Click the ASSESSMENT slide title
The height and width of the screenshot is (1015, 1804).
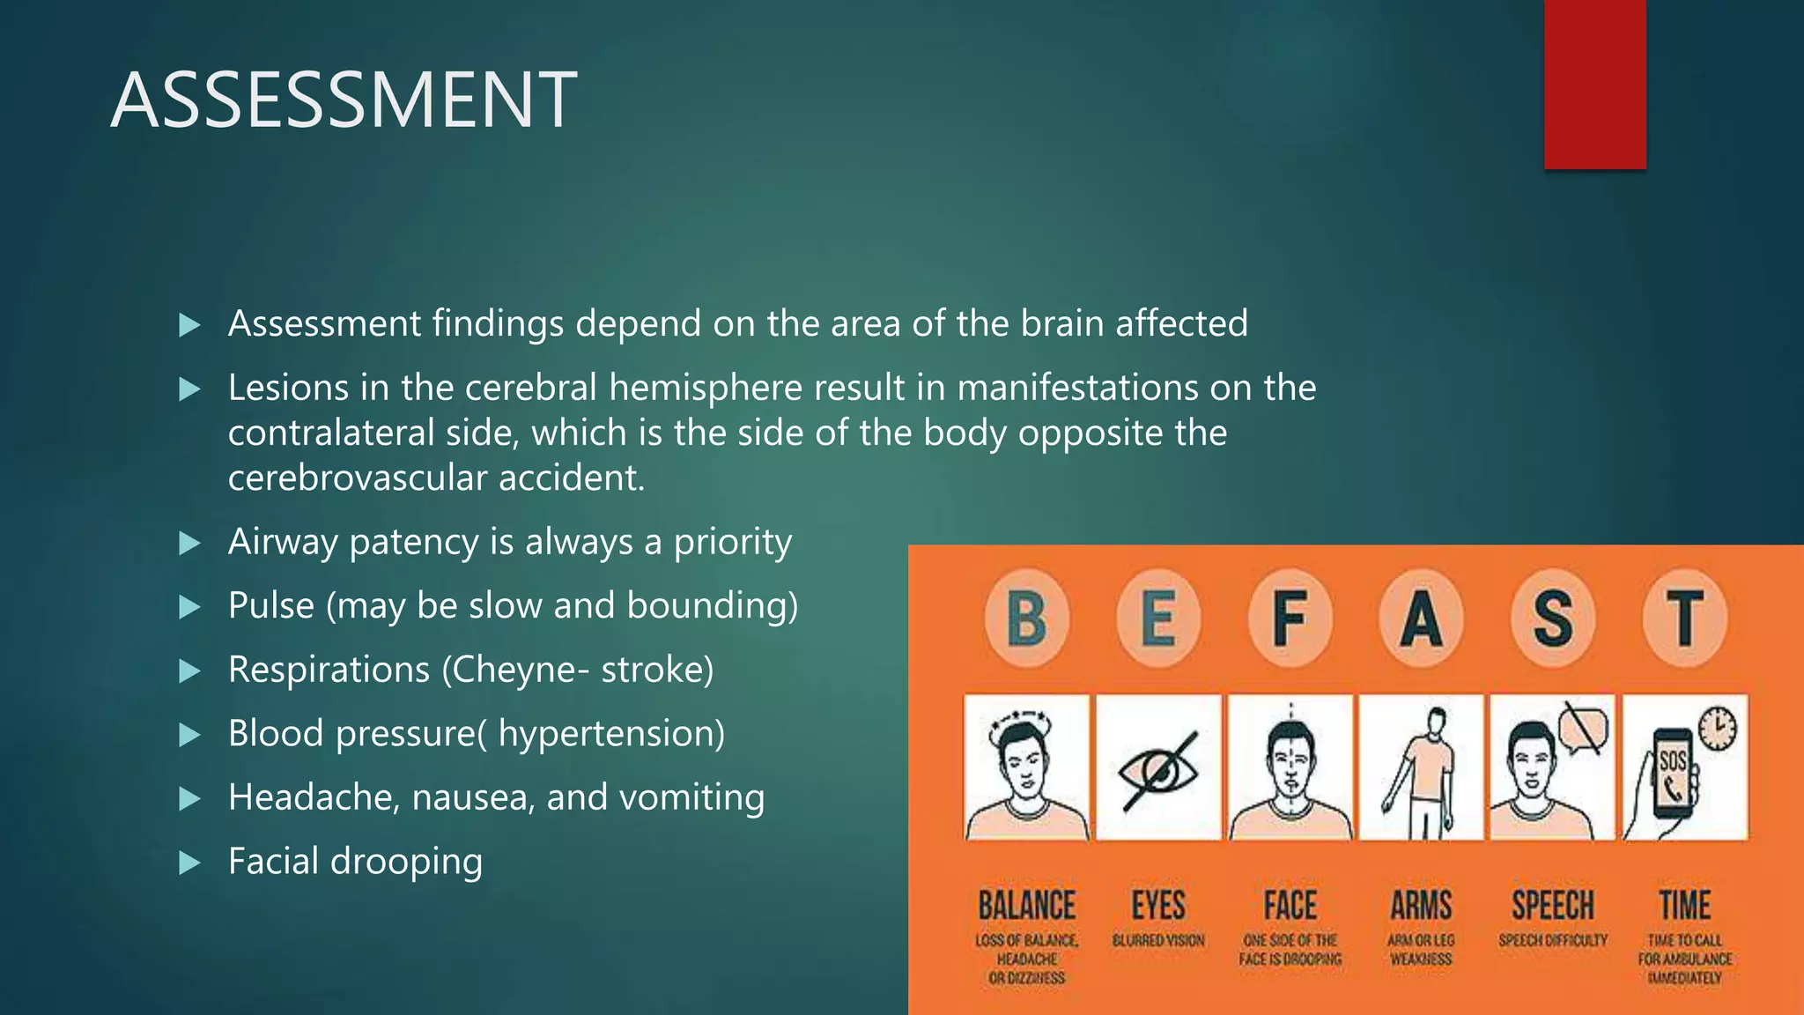pyautogui.click(x=344, y=100)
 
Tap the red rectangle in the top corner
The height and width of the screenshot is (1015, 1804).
pyautogui.click(x=1594, y=84)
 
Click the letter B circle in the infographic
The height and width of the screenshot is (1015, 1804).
pyautogui.click(x=1026, y=618)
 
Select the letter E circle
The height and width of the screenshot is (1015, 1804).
pyautogui.click(x=1158, y=618)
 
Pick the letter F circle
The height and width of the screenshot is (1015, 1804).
pyautogui.click(x=1290, y=618)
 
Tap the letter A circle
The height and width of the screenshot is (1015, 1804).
pyautogui.click(x=1421, y=618)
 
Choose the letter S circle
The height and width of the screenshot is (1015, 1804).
pyautogui.click(x=1552, y=618)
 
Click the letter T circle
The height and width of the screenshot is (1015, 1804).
pyautogui.click(x=1684, y=618)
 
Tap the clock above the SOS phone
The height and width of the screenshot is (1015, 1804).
pyautogui.click(x=1717, y=728)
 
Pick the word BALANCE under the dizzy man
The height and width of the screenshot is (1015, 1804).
pyautogui.click(x=1026, y=906)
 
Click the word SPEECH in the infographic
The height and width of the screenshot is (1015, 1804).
pyautogui.click(x=1552, y=906)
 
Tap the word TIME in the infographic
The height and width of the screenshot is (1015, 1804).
pyautogui.click(x=1684, y=906)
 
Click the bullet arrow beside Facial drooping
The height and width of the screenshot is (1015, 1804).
pyautogui.click(x=189, y=863)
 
